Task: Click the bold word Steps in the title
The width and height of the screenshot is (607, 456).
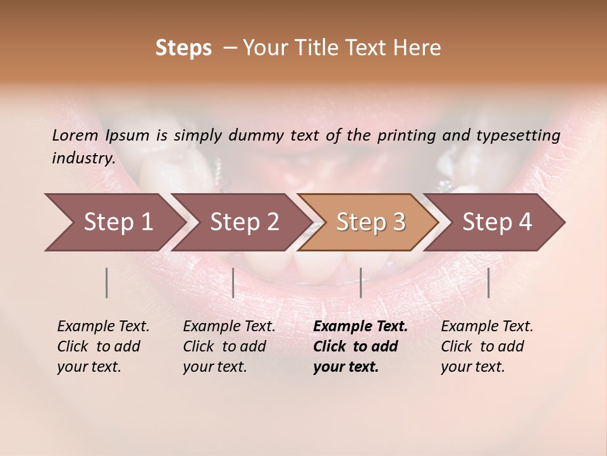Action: coord(183,48)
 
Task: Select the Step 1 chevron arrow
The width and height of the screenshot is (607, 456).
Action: coord(114,222)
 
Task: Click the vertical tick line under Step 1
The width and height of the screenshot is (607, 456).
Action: coord(106,282)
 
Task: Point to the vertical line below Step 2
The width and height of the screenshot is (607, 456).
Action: coord(233,282)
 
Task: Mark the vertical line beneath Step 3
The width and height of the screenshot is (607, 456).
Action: coord(360,282)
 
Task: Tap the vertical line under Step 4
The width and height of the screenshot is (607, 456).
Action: coord(488,282)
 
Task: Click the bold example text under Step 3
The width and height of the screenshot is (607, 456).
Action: coord(359,346)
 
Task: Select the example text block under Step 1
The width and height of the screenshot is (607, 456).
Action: coord(102,346)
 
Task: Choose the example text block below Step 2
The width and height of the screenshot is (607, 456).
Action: coord(228,346)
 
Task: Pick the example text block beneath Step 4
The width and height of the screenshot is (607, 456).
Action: coord(486,346)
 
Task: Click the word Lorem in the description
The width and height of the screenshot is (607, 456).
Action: coord(75,135)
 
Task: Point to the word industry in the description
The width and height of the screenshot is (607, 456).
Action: coord(83,158)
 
